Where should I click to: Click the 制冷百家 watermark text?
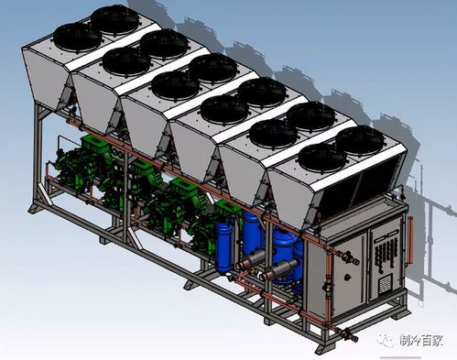(421, 341)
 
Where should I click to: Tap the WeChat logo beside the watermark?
(386, 340)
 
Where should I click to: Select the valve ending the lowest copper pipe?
(347, 334)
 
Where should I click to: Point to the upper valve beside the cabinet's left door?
(349, 257)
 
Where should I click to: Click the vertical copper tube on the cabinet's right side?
(410, 239)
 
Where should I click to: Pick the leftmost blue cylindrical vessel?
(224, 247)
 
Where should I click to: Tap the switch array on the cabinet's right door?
(386, 254)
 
